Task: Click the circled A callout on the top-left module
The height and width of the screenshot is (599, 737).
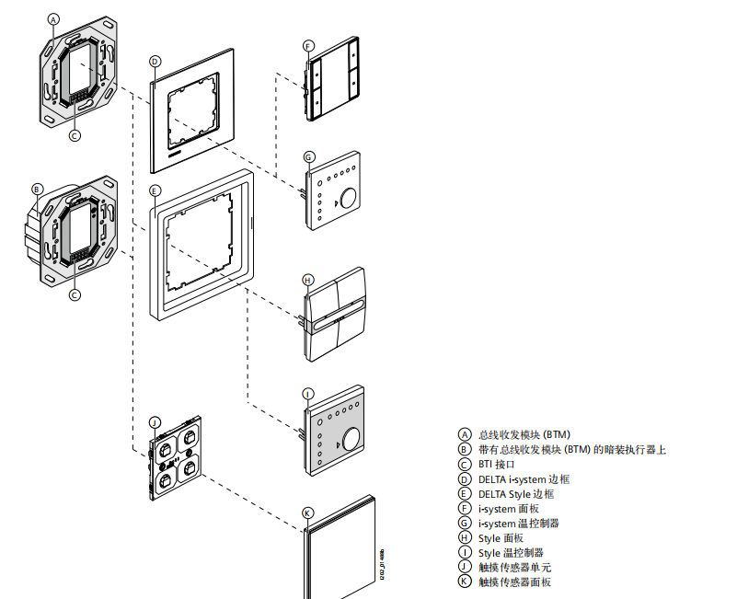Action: pos(53,19)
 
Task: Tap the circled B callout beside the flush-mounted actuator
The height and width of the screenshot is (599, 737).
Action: pos(38,190)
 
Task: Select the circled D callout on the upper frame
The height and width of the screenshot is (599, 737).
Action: pos(155,61)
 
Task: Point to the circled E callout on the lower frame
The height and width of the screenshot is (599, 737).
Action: pos(155,190)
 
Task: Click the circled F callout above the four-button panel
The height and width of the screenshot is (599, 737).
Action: pos(308,46)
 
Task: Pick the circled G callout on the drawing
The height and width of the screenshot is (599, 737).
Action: pos(308,157)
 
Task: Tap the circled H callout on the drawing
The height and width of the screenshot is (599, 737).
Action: pos(308,280)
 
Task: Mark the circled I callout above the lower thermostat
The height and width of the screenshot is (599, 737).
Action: pos(308,394)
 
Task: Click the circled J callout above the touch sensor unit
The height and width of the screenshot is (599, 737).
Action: pos(155,421)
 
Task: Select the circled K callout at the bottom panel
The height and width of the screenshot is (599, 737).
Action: pos(308,513)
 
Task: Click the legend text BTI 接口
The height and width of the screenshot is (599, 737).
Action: pos(497,464)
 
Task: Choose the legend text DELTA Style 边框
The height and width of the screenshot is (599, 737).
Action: pos(516,493)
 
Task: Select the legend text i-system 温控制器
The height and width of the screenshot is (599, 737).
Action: pos(519,523)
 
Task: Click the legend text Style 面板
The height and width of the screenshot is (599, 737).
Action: pos(502,537)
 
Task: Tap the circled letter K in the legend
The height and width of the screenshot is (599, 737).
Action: pos(465,582)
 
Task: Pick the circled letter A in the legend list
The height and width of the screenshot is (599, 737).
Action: pos(465,434)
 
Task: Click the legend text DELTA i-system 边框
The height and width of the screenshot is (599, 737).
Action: pos(524,478)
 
